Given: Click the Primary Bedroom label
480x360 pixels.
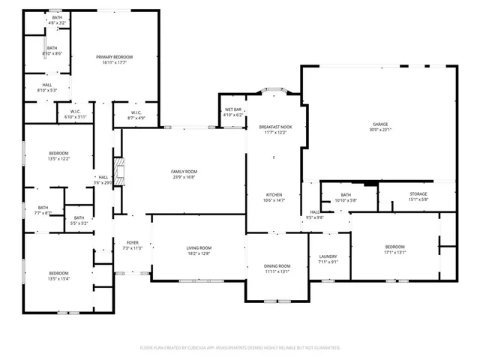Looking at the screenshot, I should pyautogui.click(x=109, y=57).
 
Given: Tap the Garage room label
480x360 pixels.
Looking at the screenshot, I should pyautogui.click(x=381, y=124).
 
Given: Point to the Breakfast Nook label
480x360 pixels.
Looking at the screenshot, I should pyautogui.click(x=275, y=127).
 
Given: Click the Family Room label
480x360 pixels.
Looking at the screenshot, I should pyautogui.click(x=184, y=172).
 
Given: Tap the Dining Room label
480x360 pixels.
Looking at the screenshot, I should pyautogui.click(x=277, y=266).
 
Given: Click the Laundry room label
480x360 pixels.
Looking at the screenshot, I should pyautogui.click(x=328, y=256).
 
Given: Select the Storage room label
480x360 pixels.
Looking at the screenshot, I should pyautogui.click(x=418, y=194).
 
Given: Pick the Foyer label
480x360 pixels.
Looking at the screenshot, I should pyautogui.click(x=132, y=242).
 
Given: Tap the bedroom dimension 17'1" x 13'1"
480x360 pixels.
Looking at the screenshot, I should pyautogui.click(x=394, y=252).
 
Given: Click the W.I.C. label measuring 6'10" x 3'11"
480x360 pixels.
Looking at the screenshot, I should pyautogui.click(x=76, y=117).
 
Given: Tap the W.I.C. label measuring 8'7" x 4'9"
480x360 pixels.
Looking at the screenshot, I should pyautogui.click(x=125, y=118).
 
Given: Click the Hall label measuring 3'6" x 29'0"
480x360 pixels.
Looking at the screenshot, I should pyautogui.click(x=103, y=182).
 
